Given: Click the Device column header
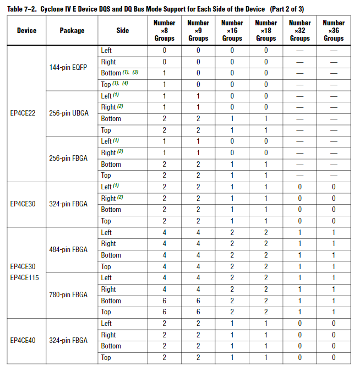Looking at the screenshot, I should click(x=26, y=30).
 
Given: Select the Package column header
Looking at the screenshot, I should click(x=72, y=30).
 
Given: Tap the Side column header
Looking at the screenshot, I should click(x=123, y=30).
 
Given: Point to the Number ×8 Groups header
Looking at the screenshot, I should click(x=164, y=30).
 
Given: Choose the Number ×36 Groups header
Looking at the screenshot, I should click(x=334, y=30).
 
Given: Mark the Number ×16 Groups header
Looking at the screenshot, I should click(x=232, y=30).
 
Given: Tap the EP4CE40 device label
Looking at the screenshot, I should click(x=23, y=340).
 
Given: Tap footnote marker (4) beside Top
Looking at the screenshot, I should click(x=125, y=84).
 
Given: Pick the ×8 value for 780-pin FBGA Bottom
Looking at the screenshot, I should click(x=164, y=301).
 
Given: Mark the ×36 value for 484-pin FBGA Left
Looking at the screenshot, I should click(x=334, y=232).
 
